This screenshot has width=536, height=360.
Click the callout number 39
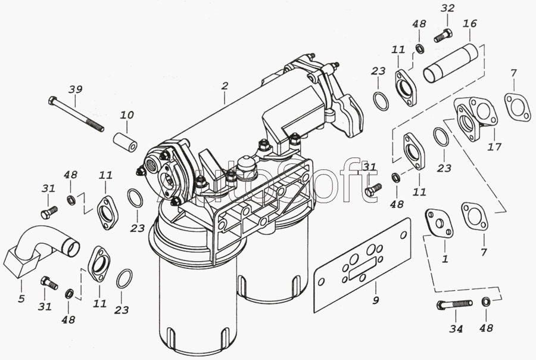74,89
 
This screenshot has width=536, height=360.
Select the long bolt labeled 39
77,114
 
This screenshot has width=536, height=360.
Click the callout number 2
225,86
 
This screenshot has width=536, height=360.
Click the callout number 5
21,298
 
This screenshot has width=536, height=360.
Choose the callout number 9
375,300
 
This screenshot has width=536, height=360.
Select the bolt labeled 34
453,305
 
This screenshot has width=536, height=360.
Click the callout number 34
456,328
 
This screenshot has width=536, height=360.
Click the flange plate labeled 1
439,224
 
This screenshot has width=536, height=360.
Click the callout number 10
127,114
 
